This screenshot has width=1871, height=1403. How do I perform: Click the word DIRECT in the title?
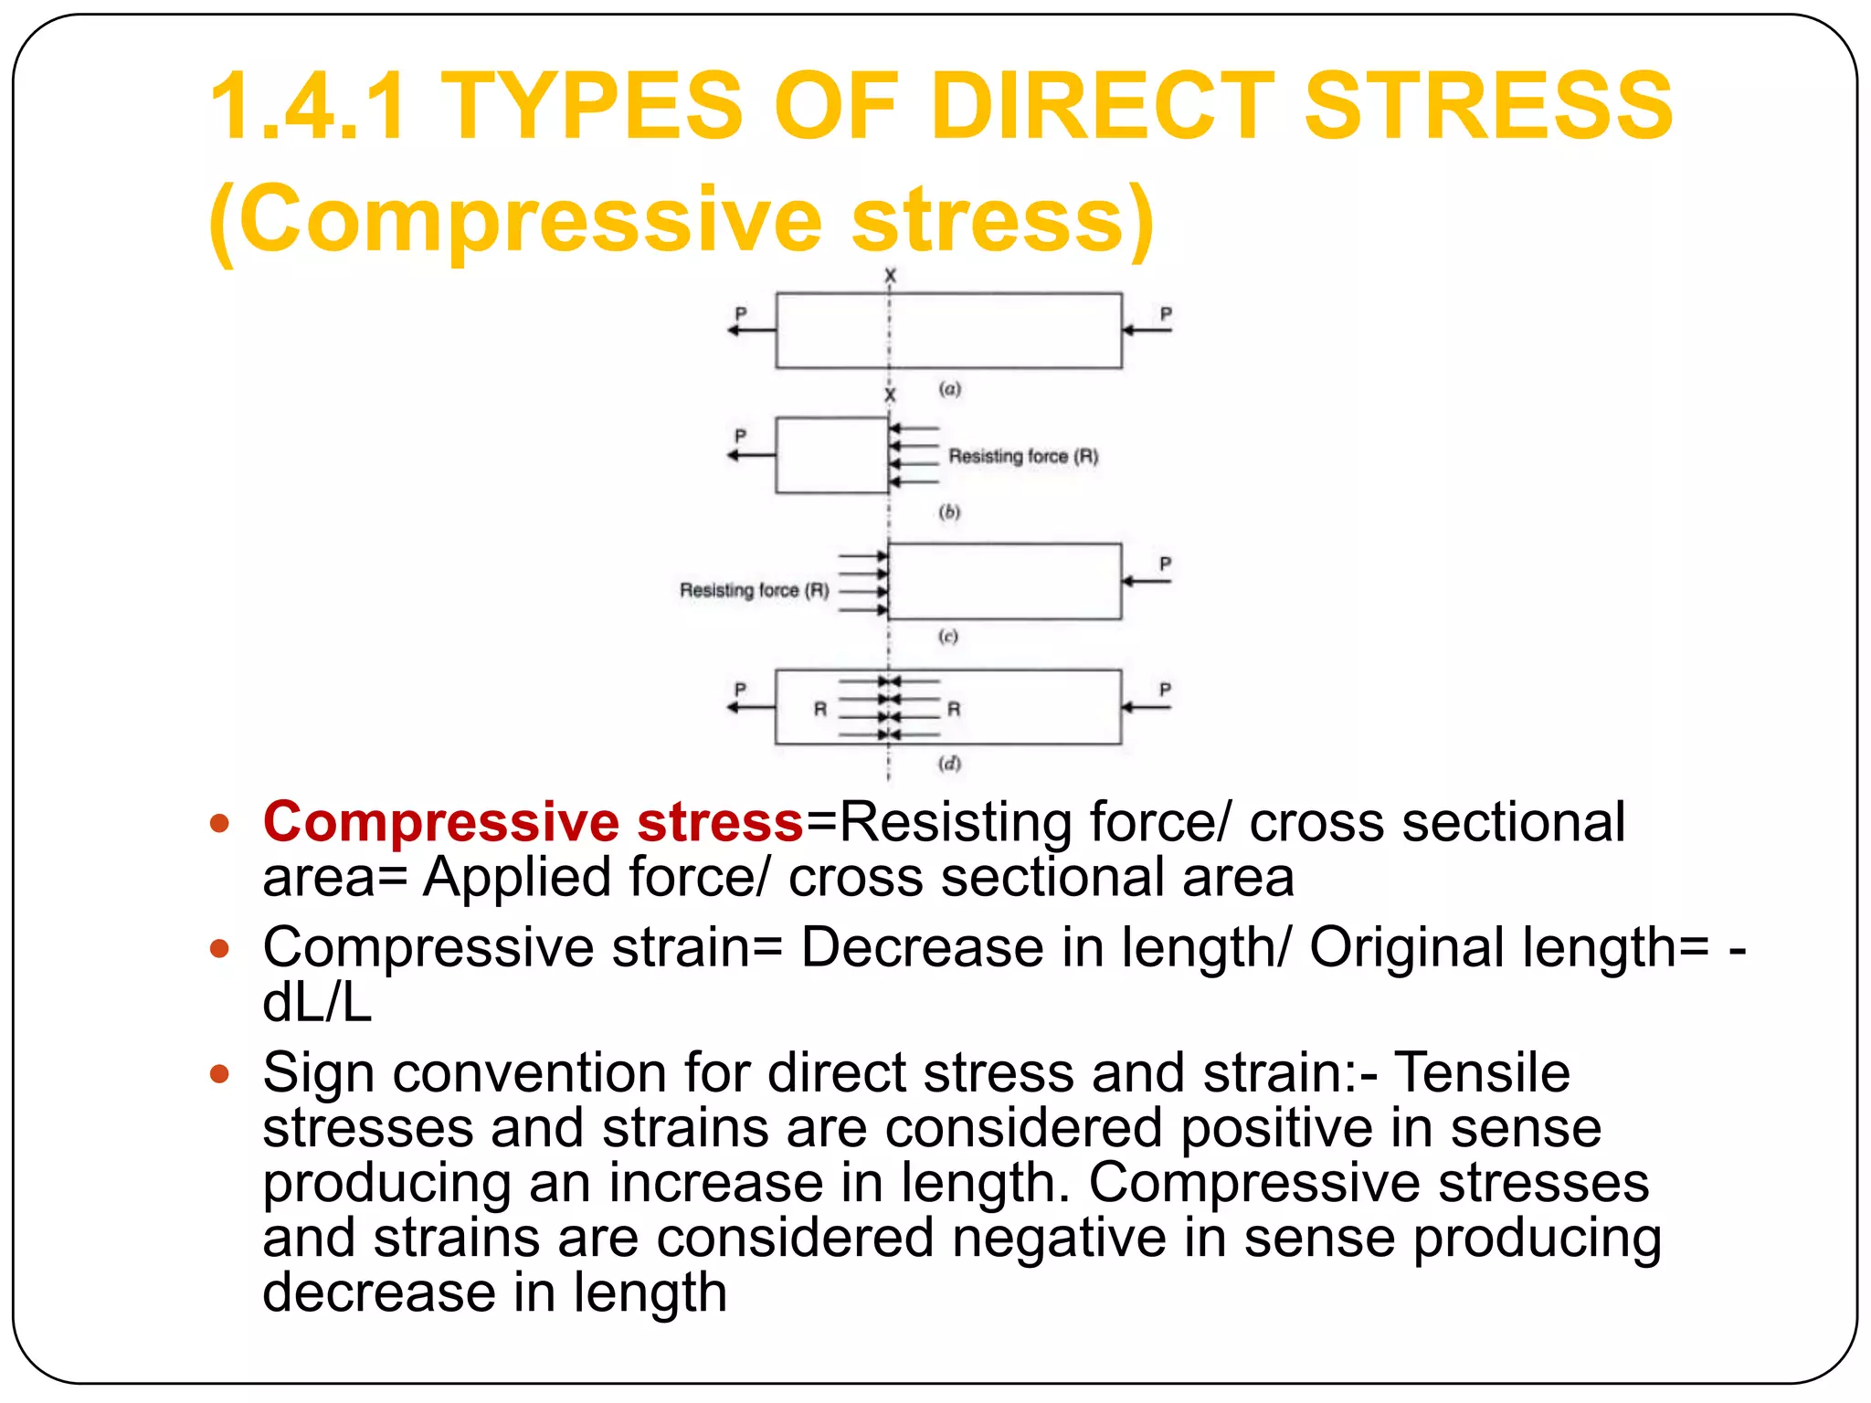1101,106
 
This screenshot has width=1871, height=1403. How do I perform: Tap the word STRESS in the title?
1488,106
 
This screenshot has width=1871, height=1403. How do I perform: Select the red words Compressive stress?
533,821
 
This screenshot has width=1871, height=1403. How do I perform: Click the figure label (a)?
950,389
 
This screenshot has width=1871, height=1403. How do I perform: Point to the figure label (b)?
950,512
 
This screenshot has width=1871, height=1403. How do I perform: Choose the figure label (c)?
948,637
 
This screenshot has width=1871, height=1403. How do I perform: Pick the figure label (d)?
950,764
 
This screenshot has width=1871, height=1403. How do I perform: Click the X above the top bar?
891,275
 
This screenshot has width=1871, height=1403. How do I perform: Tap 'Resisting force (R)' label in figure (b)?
1023,456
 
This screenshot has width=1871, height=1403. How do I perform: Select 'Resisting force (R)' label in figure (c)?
755,590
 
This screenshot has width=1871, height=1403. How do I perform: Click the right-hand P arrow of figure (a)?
1147,330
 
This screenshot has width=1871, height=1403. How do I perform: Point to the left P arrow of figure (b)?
750,455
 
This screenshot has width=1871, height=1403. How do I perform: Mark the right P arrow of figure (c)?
1147,581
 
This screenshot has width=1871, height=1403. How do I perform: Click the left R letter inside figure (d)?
820,709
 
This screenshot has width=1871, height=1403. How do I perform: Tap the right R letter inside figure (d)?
954,709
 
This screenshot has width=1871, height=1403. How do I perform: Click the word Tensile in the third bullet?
1482,1072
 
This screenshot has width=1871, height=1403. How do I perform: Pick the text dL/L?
317,1003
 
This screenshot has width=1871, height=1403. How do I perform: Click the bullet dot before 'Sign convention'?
219,1073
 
